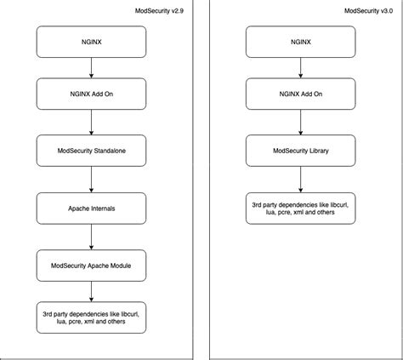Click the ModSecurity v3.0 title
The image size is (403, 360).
pyautogui.click(x=372, y=11)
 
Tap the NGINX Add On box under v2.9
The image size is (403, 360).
pyautogui.click(x=91, y=94)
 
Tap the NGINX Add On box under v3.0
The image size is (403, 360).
pyautogui.click(x=299, y=94)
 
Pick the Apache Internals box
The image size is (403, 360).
pyautogui.click(x=91, y=207)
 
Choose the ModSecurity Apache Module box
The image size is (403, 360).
pyautogui.click(x=91, y=265)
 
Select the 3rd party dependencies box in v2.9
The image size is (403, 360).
pyautogui.click(x=91, y=318)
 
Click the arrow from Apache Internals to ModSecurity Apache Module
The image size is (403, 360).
pyautogui.click(x=91, y=236)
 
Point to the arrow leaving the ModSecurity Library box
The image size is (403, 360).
pyautogui.click(x=299, y=180)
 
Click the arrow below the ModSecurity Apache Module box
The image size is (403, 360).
pyautogui.click(x=91, y=291)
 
